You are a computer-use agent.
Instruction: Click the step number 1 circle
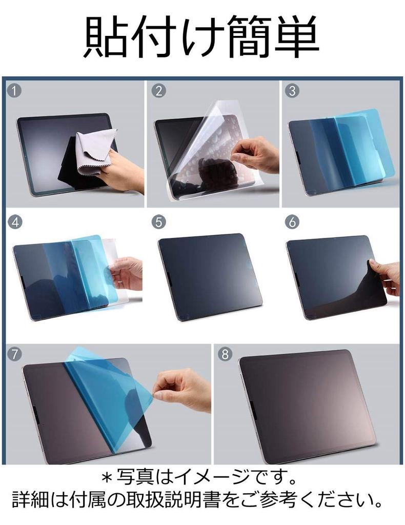[x=15, y=92]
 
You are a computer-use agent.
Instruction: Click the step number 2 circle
[x=159, y=92]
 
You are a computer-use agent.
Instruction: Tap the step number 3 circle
[x=293, y=92]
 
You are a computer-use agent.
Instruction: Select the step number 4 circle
[x=15, y=223]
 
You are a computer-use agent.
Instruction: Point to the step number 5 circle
[x=159, y=223]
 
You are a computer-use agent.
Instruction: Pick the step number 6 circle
[x=293, y=223]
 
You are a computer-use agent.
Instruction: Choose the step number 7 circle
[x=15, y=354]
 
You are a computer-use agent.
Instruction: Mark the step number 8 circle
[x=224, y=354]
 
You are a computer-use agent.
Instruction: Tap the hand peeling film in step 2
[x=256, y=154]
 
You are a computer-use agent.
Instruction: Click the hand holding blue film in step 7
[x=182, y=390]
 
